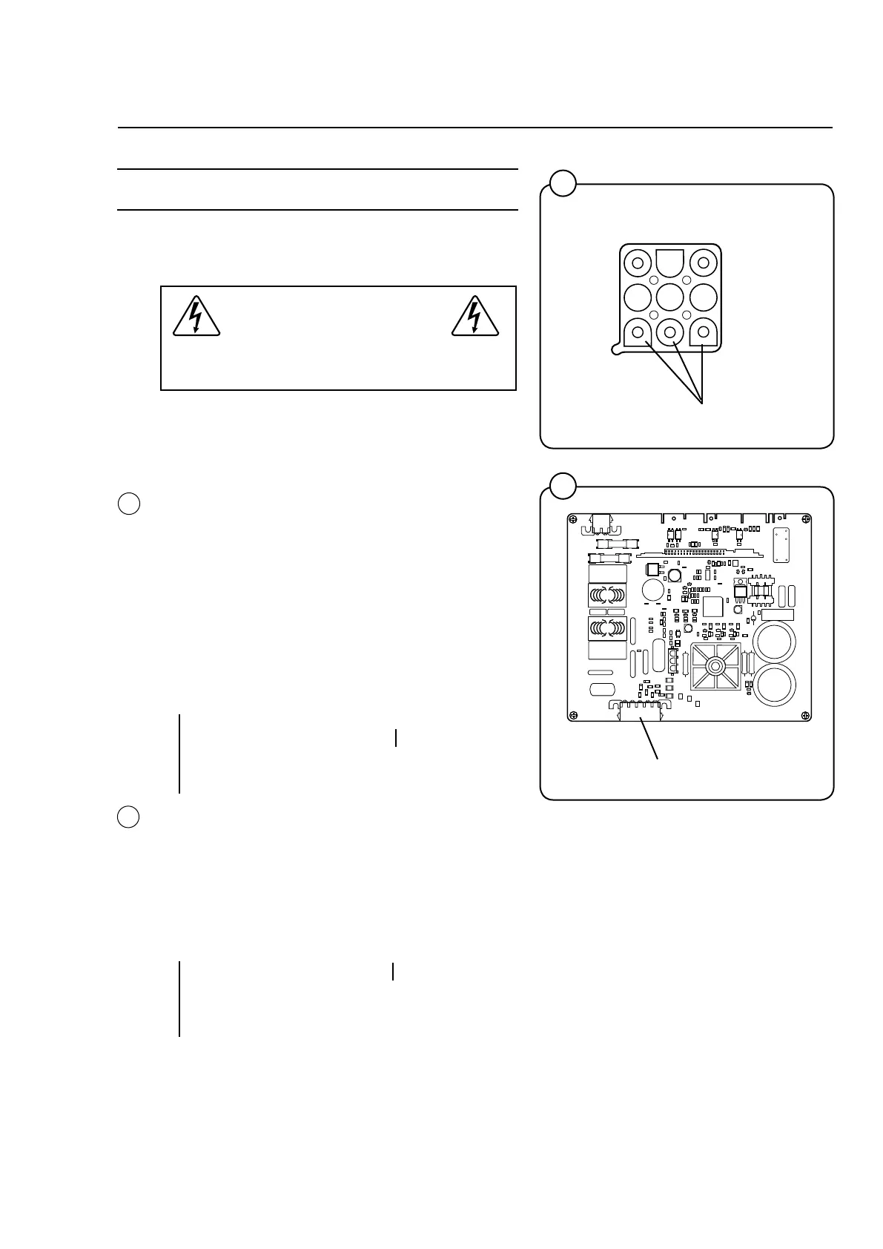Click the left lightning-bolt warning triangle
coord(196,317)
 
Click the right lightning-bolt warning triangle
coord(474,317)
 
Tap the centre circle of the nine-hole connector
coord(670,297)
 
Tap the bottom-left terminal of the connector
coord(637,332)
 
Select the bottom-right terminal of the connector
coord(704,332)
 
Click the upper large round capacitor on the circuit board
coord(774,642)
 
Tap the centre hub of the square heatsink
coord(715,666)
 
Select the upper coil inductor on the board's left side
coord(607,595)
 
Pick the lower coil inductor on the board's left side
coord(607,629)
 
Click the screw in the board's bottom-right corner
coord(804,716)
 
